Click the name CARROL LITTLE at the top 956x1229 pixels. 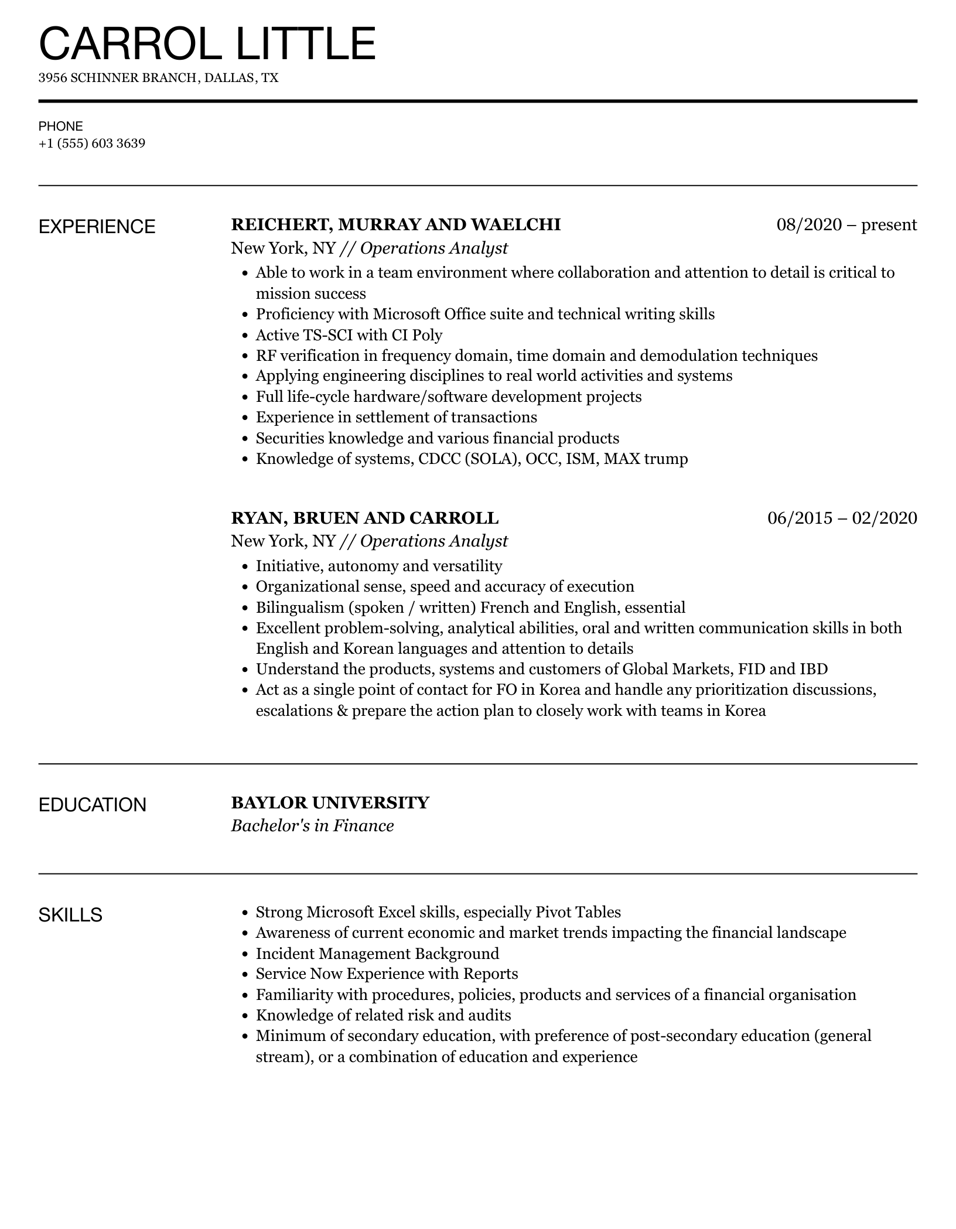[207, 43]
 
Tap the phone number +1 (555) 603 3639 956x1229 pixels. [92, 144]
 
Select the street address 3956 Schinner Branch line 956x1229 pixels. [158, 78]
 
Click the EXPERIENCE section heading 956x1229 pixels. [97, 227]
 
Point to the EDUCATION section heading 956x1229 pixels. [92, 805]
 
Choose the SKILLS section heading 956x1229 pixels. [70, 914]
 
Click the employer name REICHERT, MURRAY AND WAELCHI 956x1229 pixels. [396, 224]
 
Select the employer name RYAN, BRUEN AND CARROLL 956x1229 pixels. [364, 518]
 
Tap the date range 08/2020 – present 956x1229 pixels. [846, 224]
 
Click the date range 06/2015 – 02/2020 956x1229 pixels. [842, 518]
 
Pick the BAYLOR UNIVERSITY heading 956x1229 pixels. [330, 803]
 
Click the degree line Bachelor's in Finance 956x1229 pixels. [312, 826]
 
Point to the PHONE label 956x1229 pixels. [61, 127]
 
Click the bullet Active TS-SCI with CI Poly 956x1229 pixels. [349, 335]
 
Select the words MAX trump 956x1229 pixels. [646, 459]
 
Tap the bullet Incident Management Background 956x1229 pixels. [377, 953]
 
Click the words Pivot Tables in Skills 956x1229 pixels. [578, 912]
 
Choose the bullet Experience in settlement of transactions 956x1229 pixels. [396, 417]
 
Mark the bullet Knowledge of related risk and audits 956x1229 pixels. [383, 1015]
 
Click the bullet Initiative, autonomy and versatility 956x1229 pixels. [379, 566]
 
